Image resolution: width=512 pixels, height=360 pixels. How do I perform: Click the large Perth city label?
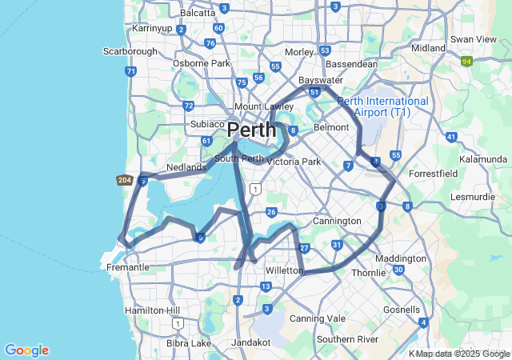pos(251,129)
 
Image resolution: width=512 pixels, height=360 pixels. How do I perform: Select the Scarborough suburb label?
pos(130,51)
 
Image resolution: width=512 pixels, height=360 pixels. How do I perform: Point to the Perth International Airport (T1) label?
pos(382,106)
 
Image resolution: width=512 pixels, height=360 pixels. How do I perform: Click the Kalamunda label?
pos(484,160)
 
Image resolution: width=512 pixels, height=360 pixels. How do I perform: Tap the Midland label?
pos(427,48)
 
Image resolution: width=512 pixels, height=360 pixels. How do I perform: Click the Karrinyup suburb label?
pos(152,29)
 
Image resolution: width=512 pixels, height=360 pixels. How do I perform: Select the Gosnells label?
pos(402,310)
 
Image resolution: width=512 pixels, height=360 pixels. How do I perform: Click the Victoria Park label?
pos(293,162)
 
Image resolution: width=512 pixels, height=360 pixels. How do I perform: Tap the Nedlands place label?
pos(186,167)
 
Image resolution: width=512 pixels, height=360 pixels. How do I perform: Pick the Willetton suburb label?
pos(284,270)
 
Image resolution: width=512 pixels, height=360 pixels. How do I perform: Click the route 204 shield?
pos(123,180)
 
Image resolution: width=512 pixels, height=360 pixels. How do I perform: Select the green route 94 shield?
pos(466,61)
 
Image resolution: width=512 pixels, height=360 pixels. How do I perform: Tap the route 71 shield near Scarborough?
pos(130,71)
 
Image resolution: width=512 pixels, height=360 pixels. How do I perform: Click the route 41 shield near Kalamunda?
pos(451,138)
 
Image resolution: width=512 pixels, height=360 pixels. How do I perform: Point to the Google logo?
pos(26,350)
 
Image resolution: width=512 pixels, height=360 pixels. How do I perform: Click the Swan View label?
pos(474,38)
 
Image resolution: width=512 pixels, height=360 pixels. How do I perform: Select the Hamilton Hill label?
pos(151,310)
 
